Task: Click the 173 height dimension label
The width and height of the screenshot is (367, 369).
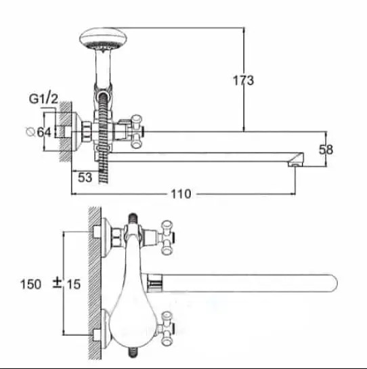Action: pyautogui.click(x=243, y=81)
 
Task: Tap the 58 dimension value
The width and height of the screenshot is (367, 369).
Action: pyautogui.click(x=326, y=150)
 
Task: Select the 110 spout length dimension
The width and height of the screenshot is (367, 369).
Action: pyautogui.click(x=181, y=194)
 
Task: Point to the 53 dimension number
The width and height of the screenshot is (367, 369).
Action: pyautogui.click(x=85, y=177)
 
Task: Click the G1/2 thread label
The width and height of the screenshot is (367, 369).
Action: pyautogui.click(x=43, y=98)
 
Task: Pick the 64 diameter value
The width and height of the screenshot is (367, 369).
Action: pyautogui.click(x=44, y=132)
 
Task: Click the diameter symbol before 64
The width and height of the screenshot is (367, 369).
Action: pyautogui.click(x=30, y=132)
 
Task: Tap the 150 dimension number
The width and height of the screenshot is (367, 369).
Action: pyautogui.click(x=31, y=284)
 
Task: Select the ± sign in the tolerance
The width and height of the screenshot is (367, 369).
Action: pyautogui.click(x=57, y=283)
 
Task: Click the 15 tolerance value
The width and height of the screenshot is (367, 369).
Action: pyautogui.click(x=74, y=284)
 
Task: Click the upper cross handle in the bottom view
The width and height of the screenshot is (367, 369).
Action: pyautogui.click(x=167, y=237)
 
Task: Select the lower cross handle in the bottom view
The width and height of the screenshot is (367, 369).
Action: pyautogui.click(x=167, y=328)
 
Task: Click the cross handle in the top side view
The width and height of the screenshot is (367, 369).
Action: pyautogui.click(x=137, y=131)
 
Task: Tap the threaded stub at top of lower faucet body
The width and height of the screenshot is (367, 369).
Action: pyautogui.click(x=133, y=219)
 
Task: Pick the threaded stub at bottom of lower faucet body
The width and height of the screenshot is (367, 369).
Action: pyautogui.click(x=133, y=353)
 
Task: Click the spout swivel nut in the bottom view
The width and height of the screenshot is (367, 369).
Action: pyautogui.click(x=154, y=283)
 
